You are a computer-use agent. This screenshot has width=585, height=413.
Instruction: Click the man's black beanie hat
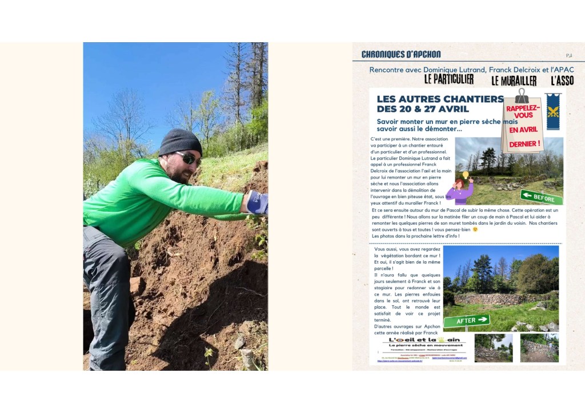(x=180, y=141)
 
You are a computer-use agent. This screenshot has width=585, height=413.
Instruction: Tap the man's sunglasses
(x=189, y=158)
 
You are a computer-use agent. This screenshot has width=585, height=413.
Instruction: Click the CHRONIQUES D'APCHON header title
(x=401, y=54)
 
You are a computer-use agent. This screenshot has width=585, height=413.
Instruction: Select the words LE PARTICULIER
(x=448, y=79)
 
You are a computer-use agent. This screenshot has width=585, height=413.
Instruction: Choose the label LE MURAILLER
(x=514, y=80)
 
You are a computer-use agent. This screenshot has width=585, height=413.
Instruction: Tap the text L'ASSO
(x=562, y=80)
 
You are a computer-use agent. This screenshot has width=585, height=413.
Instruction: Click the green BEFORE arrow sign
(x=541, y=197)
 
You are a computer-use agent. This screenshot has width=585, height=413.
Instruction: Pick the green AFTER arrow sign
(x=467, y=321)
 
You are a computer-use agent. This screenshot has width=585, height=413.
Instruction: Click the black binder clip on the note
(x=522, y=95)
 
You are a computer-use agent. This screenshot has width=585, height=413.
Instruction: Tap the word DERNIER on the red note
(x=525, y=144)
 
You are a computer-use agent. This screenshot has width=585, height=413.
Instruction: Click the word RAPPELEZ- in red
(x=522, y=107)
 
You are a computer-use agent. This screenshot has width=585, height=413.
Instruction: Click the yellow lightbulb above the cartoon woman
(x=465, y=175)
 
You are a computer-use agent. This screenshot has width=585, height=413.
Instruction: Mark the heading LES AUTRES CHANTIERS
(x=440, y=99)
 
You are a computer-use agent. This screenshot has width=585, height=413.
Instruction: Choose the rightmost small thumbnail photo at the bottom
(x=539, y=348)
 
